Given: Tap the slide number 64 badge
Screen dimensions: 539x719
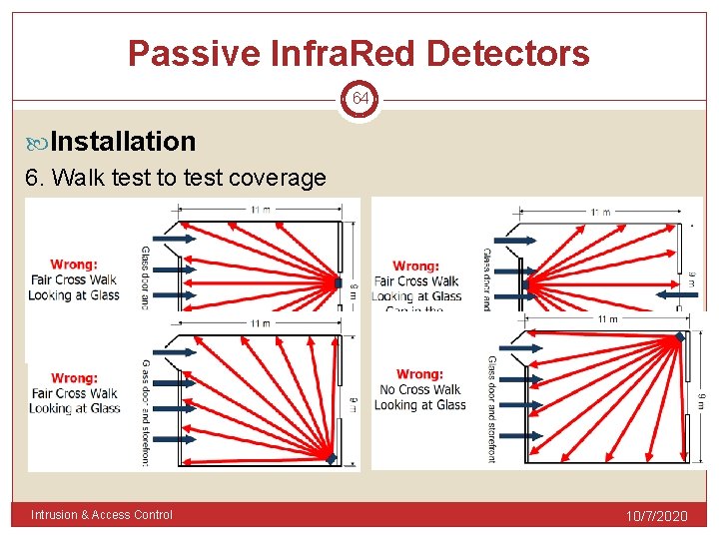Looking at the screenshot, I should point(359,99).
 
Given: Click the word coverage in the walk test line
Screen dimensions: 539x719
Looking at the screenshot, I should point(278,178).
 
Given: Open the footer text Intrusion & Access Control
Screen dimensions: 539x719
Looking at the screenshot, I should point(102,515).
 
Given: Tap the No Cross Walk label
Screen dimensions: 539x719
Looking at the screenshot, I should point(419,389).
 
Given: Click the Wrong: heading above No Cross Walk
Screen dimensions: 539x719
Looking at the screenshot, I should point(419,374).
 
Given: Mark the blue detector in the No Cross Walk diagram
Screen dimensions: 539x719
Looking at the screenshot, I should point(680,337).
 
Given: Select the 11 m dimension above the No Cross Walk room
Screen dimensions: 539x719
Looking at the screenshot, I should point(606,319).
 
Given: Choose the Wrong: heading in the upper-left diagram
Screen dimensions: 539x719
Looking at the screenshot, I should point(74,265).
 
